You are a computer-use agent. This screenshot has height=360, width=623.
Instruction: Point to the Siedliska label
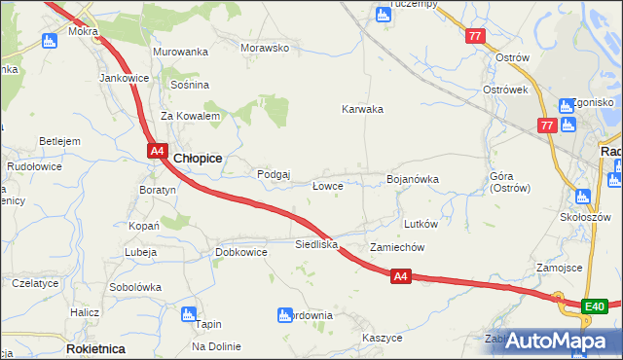(316, 244)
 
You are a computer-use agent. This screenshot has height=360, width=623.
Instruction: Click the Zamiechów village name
(396, 247)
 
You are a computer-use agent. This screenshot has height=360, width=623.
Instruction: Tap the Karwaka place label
(362, 109)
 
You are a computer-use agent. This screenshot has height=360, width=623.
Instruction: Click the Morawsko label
(266, 48)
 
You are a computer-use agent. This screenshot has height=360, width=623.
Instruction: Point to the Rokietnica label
(94, 347)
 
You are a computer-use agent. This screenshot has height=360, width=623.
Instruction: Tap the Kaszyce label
(382, 337)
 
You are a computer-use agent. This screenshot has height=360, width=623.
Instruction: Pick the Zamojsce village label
(559, 268)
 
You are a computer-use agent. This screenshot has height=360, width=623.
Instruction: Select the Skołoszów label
(586, 216)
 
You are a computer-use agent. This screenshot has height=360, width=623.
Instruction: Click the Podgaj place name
(274, 174)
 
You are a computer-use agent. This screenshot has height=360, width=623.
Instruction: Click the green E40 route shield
(595, 307)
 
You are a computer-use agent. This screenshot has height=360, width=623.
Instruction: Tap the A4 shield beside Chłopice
(158, 151)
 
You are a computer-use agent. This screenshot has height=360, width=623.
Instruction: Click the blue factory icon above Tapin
(189, 313)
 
